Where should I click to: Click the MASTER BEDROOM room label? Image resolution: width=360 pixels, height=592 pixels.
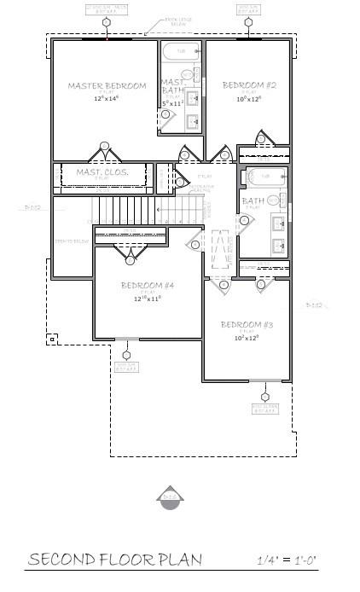pyautogui.click(x=107, y=85)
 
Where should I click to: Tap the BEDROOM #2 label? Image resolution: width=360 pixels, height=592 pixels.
pyautogui.click(x=247, y=84)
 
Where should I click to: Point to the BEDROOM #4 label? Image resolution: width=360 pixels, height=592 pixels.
pyautogui.click(x=148, y=285)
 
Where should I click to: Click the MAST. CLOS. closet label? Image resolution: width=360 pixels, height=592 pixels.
pyautogui.click(x=102, y=172)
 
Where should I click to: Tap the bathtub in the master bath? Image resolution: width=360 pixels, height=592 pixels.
pyautogui.click(x=180, y=52)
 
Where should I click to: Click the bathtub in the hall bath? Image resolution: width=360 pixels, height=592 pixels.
pyautogui.click(x=264, y=177)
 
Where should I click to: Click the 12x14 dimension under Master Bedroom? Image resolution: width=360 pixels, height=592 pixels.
pyautogui.click(x=107, y=99)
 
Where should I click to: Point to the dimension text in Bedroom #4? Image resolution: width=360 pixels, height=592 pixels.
pyautogui.click(x=148, y=299)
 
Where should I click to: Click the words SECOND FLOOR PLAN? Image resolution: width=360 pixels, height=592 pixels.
pyautogui.click(x=115, y=560)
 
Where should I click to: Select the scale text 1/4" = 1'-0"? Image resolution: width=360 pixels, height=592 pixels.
pyautogui.click(x=287, y=560)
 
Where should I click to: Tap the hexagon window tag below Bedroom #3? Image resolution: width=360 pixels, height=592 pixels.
pyautogui.click(x=264, y=397)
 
